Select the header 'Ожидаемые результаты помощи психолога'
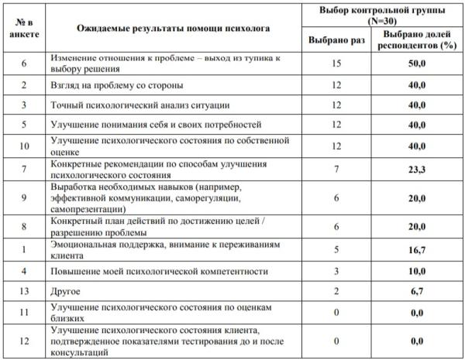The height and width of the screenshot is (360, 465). pyautogui.click(x=174, y=28)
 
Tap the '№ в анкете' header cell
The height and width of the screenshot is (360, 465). pyautogui.click(x=24, y=28)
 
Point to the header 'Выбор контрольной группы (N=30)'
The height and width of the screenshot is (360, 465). pyautogui.click(x=377, y=13)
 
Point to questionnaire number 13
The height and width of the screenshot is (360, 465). pyautogui.click(x=24, y=293)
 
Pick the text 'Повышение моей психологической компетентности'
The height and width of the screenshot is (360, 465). pyautogui.click(x=159, y=272)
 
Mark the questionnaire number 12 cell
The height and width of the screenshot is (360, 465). pyautogui.click(x=24, y=341)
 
